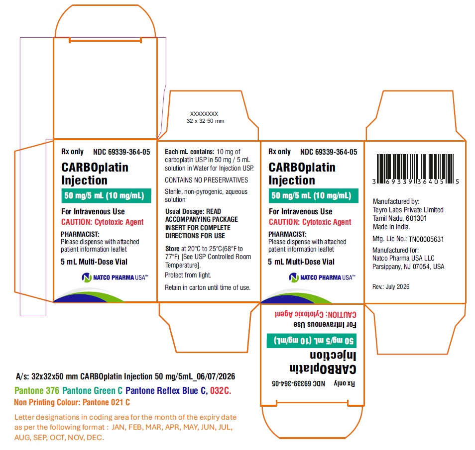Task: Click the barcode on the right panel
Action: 416,169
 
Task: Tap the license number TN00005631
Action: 426,239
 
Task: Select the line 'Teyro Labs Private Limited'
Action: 408,210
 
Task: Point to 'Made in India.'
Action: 391,227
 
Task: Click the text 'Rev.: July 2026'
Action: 391,286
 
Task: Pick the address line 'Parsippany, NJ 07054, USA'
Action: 408,267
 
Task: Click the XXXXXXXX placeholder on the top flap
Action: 204,114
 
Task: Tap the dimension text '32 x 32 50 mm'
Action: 206,121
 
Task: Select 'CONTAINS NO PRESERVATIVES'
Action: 206,180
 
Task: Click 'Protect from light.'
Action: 188,275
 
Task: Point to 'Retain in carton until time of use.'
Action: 208,287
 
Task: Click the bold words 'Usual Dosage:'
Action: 185,211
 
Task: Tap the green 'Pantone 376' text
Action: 37,391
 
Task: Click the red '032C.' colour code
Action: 221,391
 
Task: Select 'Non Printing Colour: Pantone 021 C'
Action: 72,402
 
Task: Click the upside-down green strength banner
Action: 312,341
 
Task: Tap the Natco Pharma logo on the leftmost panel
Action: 115,277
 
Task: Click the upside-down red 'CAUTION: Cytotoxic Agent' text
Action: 315,314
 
